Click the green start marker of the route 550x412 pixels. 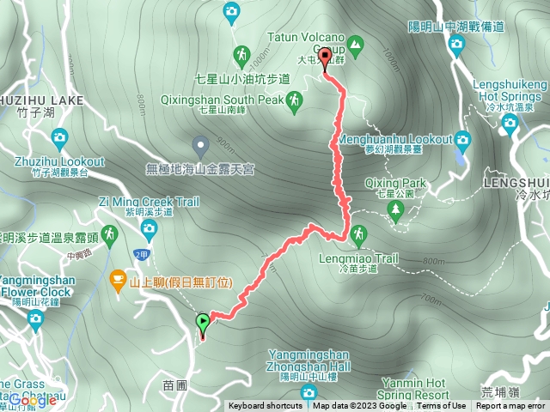pos(203,323)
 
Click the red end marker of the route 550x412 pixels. pos(325,58)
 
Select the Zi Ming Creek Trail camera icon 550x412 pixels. pos(149,228)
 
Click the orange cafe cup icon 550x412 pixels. pos(117,280)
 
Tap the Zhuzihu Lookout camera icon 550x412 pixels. pos(59,136)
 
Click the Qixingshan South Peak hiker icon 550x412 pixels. pos(295,100)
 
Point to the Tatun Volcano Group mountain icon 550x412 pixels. pos(356,41)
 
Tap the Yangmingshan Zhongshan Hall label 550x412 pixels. pos(309,359)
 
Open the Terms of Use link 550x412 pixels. pos(442,406)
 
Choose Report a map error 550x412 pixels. pos(511,406)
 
